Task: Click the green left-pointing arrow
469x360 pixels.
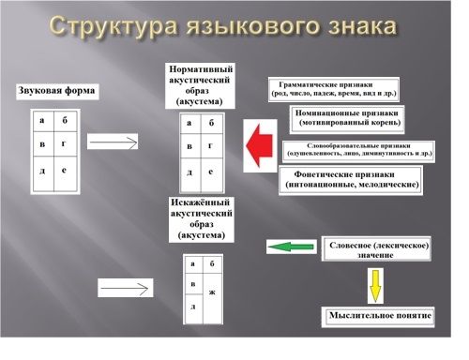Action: click(291, 247)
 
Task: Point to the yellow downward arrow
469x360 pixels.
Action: click(375, 284)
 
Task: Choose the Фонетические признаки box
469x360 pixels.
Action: click(350, 179)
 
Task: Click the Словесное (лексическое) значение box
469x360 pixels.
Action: click(380, 249)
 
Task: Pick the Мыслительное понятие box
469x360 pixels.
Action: click(380, 316)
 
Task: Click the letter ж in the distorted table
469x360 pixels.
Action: click(213, 292)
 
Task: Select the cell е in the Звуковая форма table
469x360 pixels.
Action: click(65, 172)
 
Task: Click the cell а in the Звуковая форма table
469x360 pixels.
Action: click(42, 121)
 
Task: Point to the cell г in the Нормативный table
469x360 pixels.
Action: click(212, 147)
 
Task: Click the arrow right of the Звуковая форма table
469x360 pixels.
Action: click(113, 141)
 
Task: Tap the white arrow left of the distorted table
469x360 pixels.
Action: click(124, 287)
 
